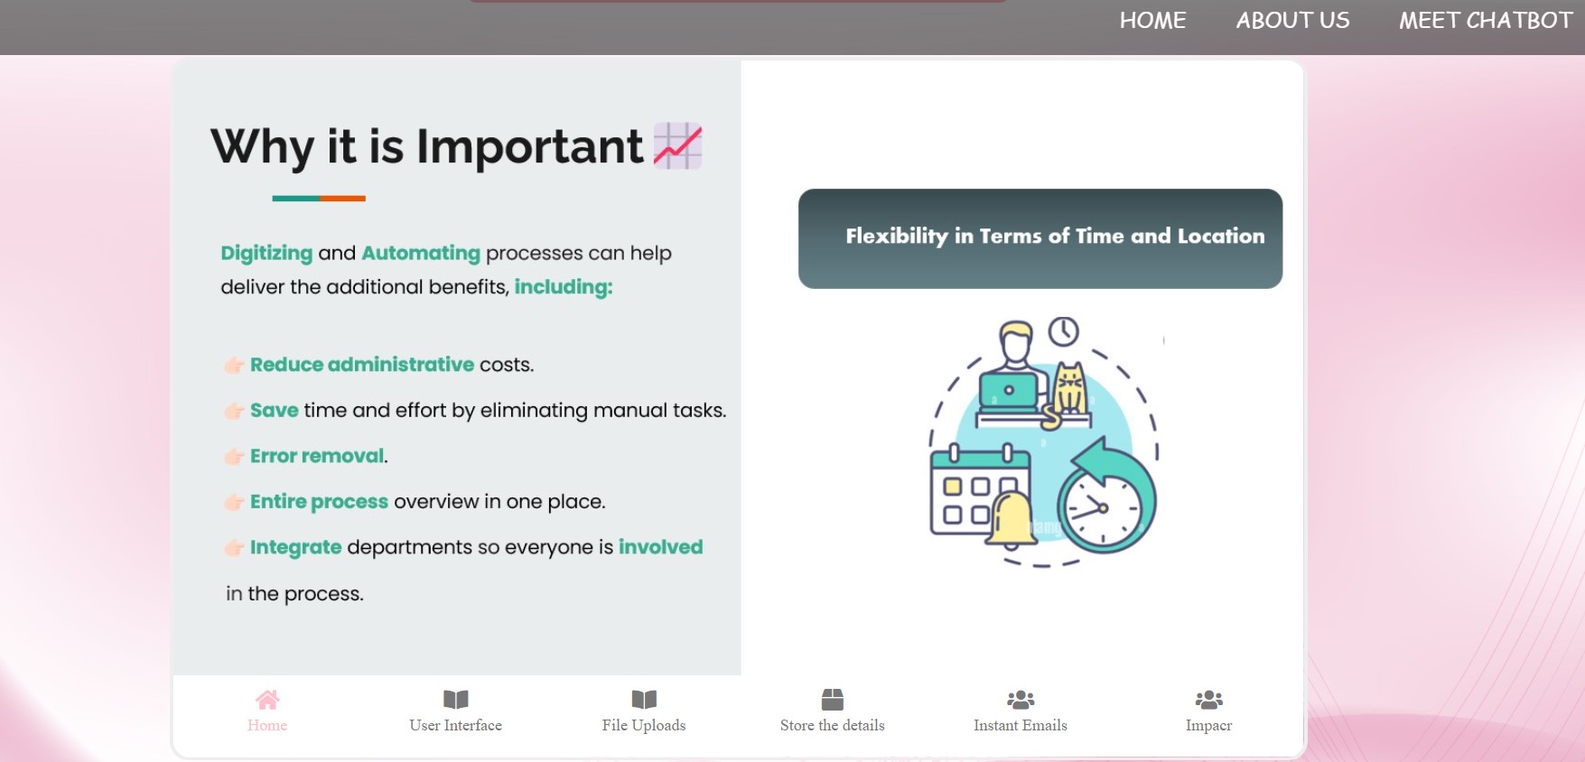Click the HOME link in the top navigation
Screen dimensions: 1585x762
point(1152,21)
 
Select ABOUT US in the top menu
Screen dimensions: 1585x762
point(1292,21)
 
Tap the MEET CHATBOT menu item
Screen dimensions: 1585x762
point(1486,21)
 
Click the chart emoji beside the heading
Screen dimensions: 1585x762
point(677,145)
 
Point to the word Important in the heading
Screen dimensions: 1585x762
point(529,146)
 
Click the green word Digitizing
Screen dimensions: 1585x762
point(266,254)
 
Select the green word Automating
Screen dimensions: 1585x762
point(421,254)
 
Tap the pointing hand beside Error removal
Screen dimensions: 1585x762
point(234,457)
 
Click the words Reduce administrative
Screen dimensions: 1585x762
point(362,365)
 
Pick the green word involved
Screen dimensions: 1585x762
point(660,547)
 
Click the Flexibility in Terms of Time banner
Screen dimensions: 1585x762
point(1040,238)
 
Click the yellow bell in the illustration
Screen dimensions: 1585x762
point(1012,520)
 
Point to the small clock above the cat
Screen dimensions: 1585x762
point(1063,331)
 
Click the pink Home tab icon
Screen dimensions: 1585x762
point(267,700)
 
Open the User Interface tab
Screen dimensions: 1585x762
point(455,711)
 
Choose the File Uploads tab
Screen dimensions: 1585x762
point(644,711)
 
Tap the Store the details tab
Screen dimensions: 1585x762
point(833,711)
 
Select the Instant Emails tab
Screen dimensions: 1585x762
point(1021,711)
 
